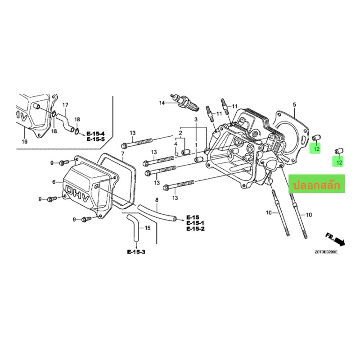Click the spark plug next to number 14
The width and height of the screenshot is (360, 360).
point(185,103)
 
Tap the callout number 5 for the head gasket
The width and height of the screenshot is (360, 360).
point(295,105)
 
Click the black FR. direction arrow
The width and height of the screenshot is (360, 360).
point(340,242)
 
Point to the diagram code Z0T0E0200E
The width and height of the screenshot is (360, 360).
point(326,252)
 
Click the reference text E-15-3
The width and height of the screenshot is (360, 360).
point(136,252)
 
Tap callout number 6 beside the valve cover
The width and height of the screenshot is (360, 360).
point(54,182)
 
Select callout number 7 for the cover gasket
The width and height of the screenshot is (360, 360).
point(122,153)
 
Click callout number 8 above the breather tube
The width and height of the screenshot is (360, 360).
point(157,200)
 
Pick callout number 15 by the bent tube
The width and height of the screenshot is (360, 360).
point(148,228)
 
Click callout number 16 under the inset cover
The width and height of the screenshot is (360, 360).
point(25,141)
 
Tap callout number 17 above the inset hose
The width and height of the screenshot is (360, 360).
point(65,105)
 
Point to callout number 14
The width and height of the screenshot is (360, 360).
point(162,103)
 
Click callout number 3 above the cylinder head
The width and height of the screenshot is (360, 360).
point(196,119)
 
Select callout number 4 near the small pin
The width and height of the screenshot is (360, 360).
point(175,144)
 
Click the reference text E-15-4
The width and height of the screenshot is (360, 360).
point(95,134)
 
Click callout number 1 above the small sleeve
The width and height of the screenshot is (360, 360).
point(196,145)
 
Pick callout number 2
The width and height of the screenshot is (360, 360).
point(180,133)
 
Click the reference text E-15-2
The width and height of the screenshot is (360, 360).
point(195,229)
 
